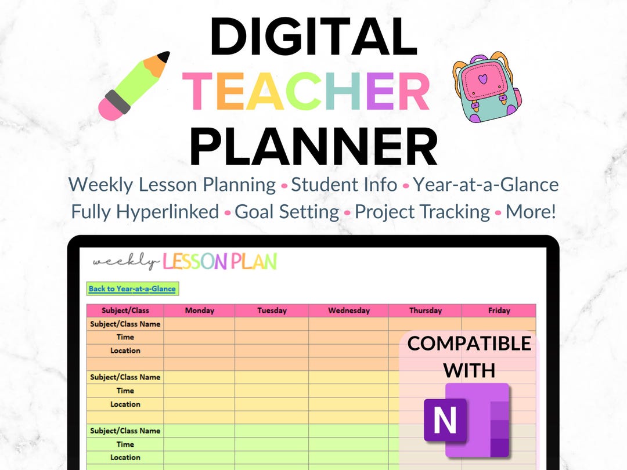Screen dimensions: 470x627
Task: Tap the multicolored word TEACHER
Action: (x=307, y=92)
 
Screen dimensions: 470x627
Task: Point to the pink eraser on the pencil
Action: (x=110, y=108)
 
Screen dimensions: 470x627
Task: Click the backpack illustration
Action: (x=486, y=88)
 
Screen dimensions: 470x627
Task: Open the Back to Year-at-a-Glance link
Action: (x=132, y=289)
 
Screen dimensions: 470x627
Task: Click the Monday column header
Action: (x=199, y=310)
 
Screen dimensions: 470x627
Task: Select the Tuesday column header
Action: (x=272, y=310)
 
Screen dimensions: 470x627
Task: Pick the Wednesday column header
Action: (x=348, y=310)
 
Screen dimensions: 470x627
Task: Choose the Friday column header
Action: (x=499, y=310)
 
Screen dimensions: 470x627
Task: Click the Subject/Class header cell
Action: (x=125, y=310)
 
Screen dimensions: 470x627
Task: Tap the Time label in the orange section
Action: (x=125, y=337)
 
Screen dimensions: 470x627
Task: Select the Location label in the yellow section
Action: (x=125, y=404)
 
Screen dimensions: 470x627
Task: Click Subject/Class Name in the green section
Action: (x=125, y=431)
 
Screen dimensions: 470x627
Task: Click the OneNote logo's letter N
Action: (x=445, y=419)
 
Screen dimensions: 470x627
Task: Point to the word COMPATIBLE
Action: (x=469, y=344)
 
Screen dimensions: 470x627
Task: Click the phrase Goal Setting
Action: (x=287, y=212)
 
